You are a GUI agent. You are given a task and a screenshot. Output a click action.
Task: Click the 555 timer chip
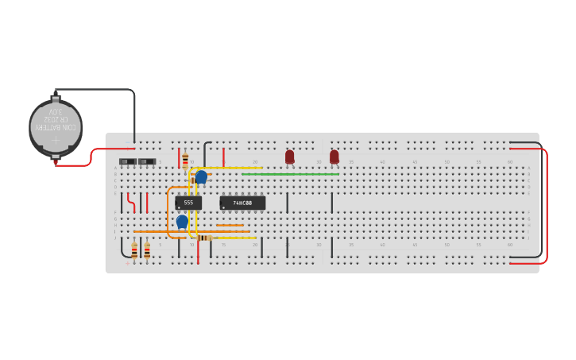pyautogui.click(x=188, y=203)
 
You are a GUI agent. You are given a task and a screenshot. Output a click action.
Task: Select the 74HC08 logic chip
pyautogui.click(x=242, y=203)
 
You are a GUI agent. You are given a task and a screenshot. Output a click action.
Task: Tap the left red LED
pyautogui.click(x=289, y=157)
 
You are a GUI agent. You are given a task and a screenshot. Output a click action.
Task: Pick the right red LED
pyautogui.click(x=334, y=157)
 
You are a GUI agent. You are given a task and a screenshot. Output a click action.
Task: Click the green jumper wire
pyautogui.click(x=290, y=174)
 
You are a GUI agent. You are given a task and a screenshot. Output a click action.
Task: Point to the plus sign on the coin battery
pyautogui.click(x=56, y=141)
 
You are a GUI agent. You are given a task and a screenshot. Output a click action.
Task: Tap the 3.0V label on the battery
pyautogui.click(x=56, y=112)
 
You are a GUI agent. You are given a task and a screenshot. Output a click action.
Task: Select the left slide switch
pyautogui.click(x=128, y=162)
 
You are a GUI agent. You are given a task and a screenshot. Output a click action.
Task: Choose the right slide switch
pyautogui.click(x=147, y=162)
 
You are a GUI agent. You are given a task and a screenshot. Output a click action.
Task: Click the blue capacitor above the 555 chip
pyautogui.click(x=201, y=176)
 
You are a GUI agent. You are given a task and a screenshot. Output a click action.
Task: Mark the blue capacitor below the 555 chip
pyautogui.click(x=182, y=222)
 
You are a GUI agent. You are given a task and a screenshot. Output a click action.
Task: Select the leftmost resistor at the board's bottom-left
pyautogui.click(x=134, y=251)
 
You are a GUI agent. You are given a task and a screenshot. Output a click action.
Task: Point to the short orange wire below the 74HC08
pyautogui.click(x=230, y=225)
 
